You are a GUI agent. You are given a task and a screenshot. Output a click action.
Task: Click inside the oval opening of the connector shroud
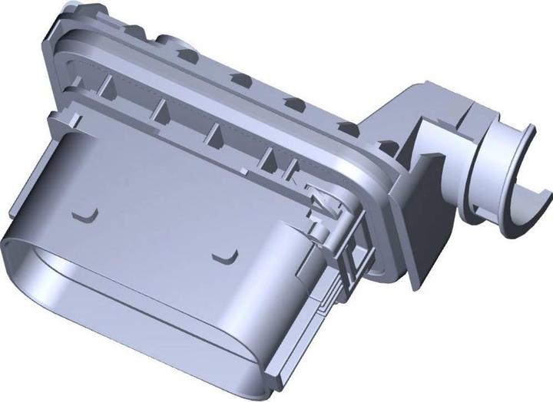tap(115, 307)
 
